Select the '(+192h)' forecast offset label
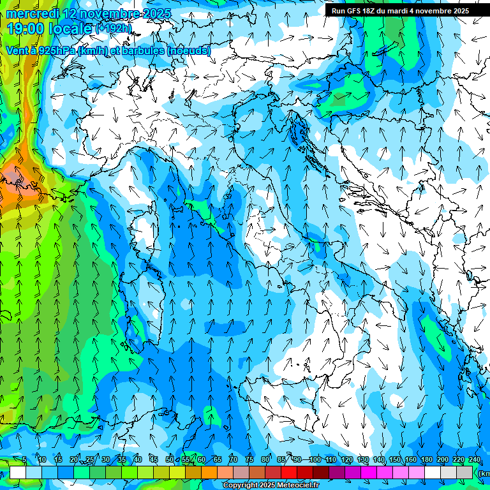(x=113, y=29)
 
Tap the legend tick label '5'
(x=24, y=460)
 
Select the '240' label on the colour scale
(x=474, y=460)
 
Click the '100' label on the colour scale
(x=315, y=460)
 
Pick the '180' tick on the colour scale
(x=426, y=460)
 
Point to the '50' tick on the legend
(x=170, y=460)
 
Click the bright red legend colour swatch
(x=289, y=472)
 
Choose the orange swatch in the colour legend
(x=209, y=472)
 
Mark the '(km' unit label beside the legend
(x=484, y=473)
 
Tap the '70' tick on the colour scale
(x=234, y=460)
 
